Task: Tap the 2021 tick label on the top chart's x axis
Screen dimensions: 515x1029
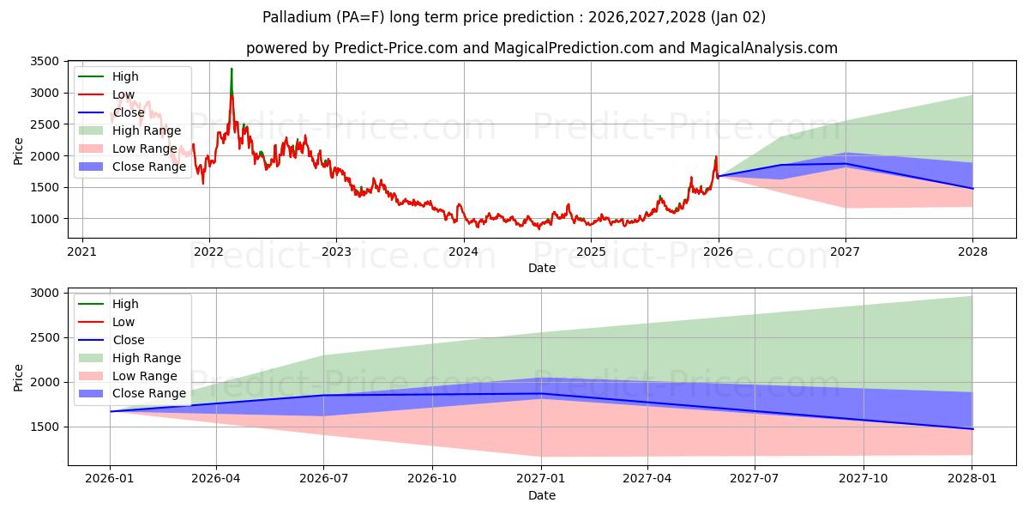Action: coord(81,251)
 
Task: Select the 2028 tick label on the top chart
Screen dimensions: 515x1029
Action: coord(972,251)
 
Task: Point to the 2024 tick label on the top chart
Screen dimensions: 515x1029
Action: coord(464,251)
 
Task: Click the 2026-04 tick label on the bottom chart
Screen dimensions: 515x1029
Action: coord(216,479)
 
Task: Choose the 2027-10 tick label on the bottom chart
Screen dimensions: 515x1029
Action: coord(864,479)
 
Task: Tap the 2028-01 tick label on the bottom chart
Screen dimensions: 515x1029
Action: coord(972,479)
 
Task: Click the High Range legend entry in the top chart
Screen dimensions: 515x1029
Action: coord(146,130)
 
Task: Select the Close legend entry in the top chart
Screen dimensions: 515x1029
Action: coord(129,112)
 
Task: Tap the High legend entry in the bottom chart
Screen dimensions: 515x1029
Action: coord(125,304)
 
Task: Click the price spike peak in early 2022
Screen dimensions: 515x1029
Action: coord(232,70)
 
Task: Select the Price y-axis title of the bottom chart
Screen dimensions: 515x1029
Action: coord(19,377)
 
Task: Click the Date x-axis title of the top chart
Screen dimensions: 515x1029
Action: coord(542,268)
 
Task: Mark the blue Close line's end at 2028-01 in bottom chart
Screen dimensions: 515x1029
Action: coord(972,428)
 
